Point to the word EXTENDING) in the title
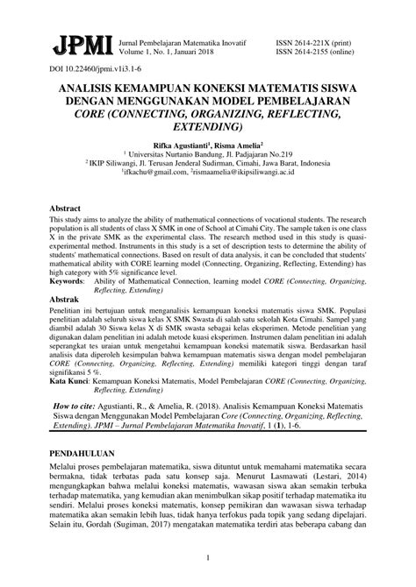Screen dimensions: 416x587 207,128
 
